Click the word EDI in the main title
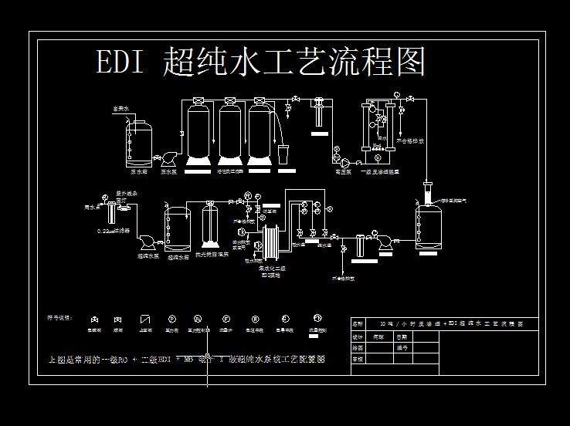(x=120, y=62)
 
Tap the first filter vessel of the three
(x=200, y=133)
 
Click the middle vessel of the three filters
(x=230, y=133)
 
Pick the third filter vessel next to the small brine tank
(x=261, y=133)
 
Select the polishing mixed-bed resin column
(x=209, y=228)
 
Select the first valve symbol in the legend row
(x=94, y=319)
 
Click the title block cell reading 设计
(x=358, y=337)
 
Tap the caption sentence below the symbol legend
(x=185, y=360)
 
